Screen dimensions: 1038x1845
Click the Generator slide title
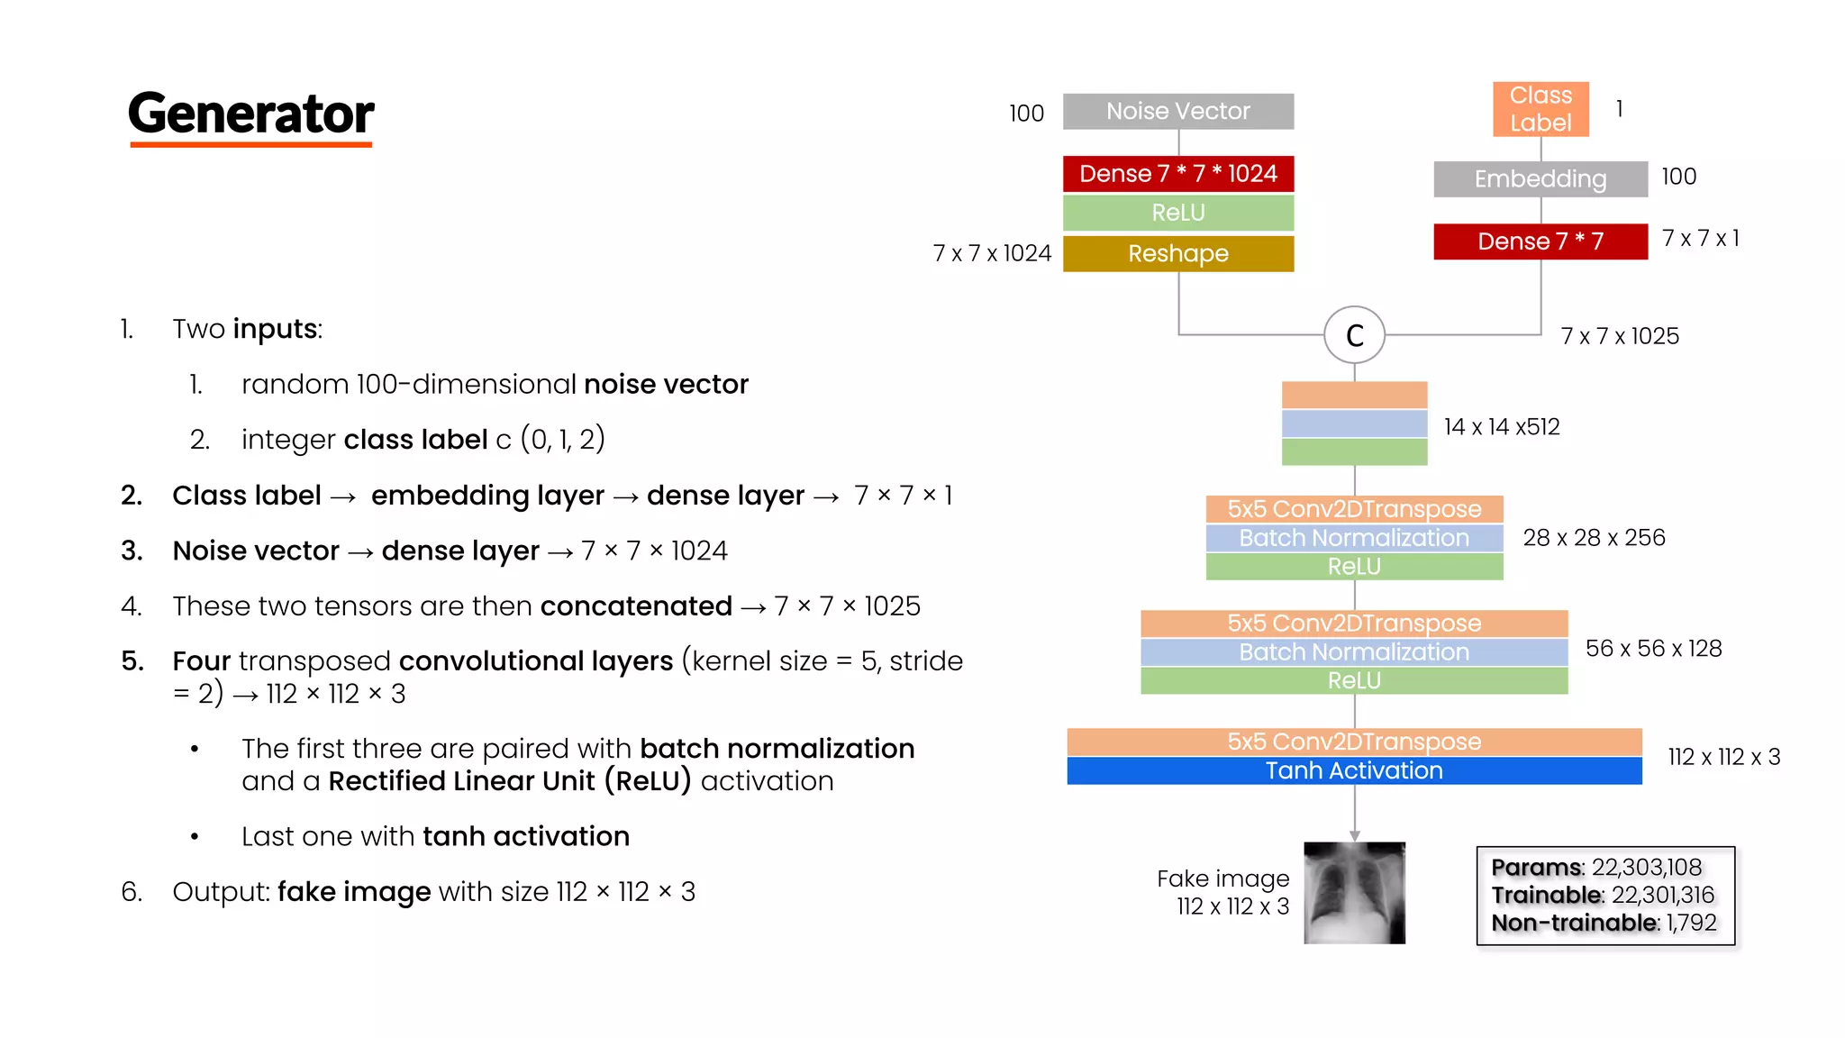pyautogui.click(x=250, y=114)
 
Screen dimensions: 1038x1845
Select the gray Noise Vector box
pyautogui.click(x=1177, y=111)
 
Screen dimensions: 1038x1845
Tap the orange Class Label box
pyautogui.click(x=1541, y=109)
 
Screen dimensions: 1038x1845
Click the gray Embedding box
pyautogui.click(x=1540, y=178)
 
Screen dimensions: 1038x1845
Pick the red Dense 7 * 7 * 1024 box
pyautogui.click(x=1177, y=173)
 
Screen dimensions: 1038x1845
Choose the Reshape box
pyautogui.click(x=1177, y=253)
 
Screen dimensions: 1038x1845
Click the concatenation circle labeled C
pyautogui.click(x=1354, y=335)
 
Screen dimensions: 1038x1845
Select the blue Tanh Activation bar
pyautogui.click(x=1353, y=770)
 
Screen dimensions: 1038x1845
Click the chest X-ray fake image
pyautogui.click(x=1353, y=892)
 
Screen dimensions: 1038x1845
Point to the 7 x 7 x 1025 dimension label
pyautogui.click(x=1619, y=336)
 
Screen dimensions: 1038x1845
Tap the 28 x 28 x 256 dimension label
pyautogui.click(x=1593, y=538)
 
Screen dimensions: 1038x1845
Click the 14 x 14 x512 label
pyautogui.click(x=1501, y=427)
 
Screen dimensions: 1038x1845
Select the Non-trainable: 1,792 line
pyautogui.click(x=1603, y=923)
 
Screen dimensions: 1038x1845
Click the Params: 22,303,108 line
pyautogui.click(x=1595, y=867)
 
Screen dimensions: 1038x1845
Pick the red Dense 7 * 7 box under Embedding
pyautogui.click(x=1540, y=241)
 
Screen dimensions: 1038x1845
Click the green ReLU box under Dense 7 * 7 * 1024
pyautogui.click(x=1177, y=213)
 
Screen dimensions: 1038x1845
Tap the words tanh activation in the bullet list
pyautogui.click(x=525, y=836)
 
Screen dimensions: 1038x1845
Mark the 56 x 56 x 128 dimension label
pyautogui.click(x=1653, y=649)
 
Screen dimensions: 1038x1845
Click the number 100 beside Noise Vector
pyautogui.click(x=1026, y=114)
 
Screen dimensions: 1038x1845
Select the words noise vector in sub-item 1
pyautogui.click(x=666, y=385)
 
